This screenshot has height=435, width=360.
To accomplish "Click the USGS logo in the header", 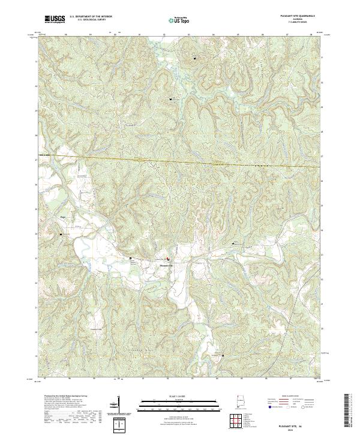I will pos(55,19).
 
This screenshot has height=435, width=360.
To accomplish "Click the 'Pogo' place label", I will pos(62,218).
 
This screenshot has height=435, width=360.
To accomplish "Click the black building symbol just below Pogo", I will pos(60,234).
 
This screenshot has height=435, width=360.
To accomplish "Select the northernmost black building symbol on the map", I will pos(195,58).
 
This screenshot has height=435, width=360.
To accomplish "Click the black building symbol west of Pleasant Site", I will pos(131,259).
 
